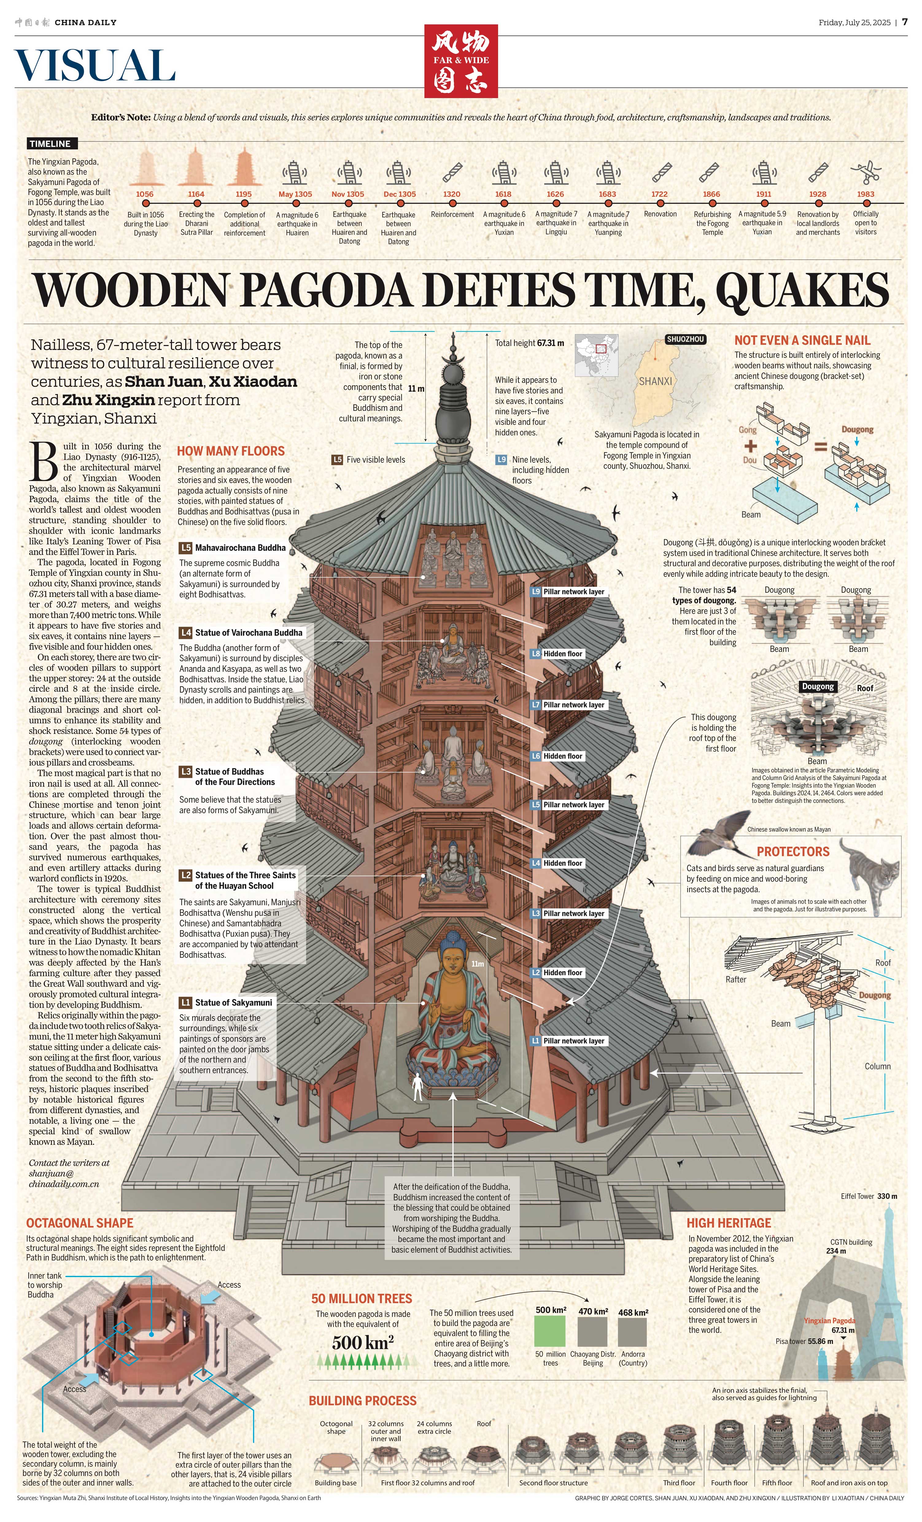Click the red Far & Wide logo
click(461, 60)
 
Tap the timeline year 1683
click(607, 194)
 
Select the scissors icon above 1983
click(865, 172)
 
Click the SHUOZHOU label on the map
click(685, 339)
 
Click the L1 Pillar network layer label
click(568, 1041)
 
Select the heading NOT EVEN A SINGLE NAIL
click(802, 340)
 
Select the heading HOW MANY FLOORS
click(230, 451)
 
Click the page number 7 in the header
click(905, 21)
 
